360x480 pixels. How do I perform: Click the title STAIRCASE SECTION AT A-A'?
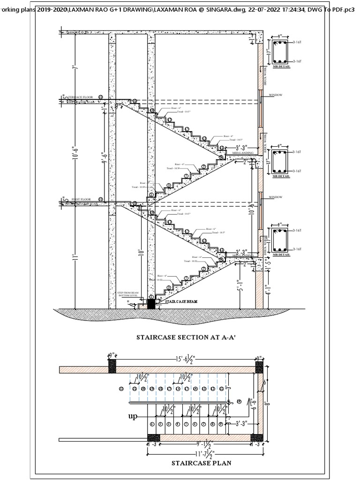point(180,337)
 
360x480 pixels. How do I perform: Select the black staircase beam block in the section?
point(151,304)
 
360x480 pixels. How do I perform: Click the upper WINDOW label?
point(276,96)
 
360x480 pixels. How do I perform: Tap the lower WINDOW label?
point(276,197)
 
